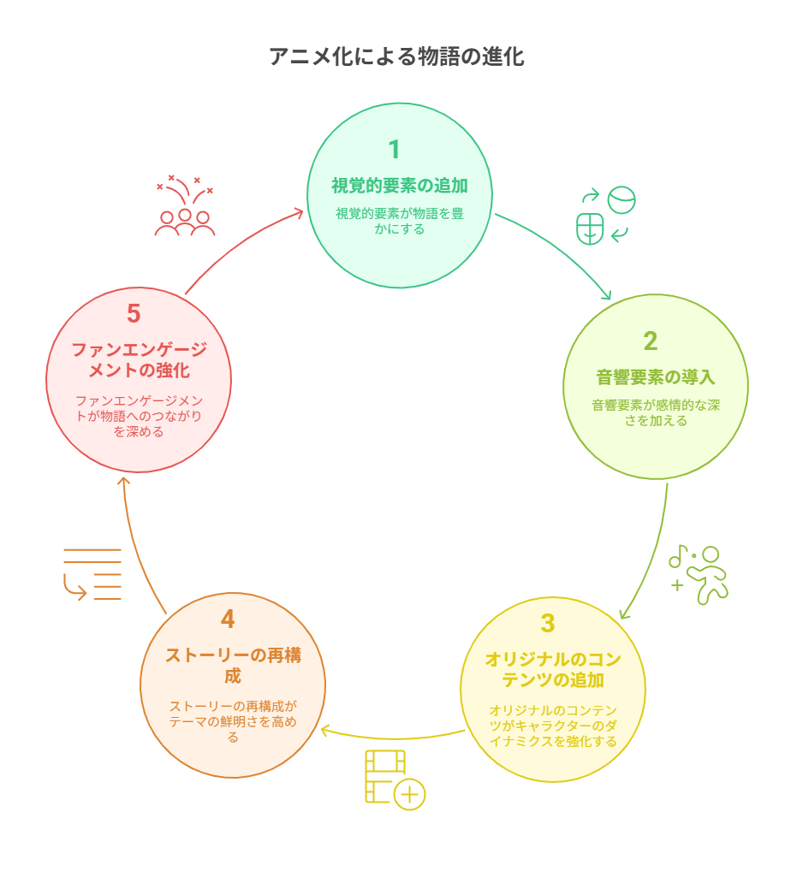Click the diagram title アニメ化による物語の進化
(396, 56)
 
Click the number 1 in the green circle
(395, 150)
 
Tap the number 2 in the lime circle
(650, 341)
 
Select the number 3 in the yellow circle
(548, 624)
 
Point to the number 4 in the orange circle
(228, 619)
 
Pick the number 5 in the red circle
(134, 314)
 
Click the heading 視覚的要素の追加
(400, 186)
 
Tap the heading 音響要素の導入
(655, 377)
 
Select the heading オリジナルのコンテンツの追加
(553, 670)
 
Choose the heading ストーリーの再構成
(233, 665)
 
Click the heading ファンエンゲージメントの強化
(139, 360)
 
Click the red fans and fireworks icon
(185, 205)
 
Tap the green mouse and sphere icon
(605, 216)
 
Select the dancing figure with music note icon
(699, 575)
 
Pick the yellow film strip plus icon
(395, 780)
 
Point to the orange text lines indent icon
(92, 574)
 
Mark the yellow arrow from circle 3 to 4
(395, 738)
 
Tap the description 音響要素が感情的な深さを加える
(655, 412)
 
